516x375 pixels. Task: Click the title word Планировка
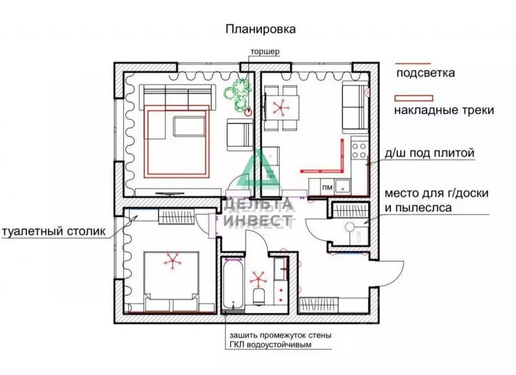[x=261, y=29]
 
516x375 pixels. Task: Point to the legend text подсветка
[x=425, y=73]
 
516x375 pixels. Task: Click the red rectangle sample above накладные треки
[x=413, y=97]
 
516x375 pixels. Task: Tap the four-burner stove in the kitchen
[x=359, y=150]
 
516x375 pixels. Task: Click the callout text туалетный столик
[x=54, y=232]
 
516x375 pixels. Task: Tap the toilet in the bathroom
[x=259, y=296]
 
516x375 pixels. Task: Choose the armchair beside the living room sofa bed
[x=239, y=134]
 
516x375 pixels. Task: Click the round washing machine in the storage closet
[x=351, y=228]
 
